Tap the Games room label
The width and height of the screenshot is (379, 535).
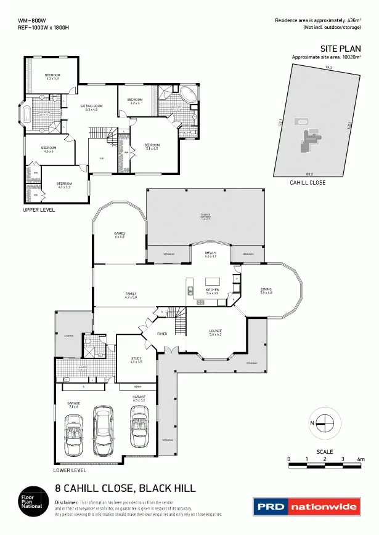pyautogui.click(x=120, y=234)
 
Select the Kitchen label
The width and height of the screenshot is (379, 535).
pyautogui.click(x=212, y=290)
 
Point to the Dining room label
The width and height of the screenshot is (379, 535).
pyautogui.click(x=266, y=290)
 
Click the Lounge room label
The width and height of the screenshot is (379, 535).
pyautogui.click(x=215, y=331)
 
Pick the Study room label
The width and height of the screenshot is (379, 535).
pyautogui.click(x=136, y=360)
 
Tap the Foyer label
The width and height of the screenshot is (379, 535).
pyautogui.click(x=162, y=334)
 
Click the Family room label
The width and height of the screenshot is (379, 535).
pyautogui.click(x=131, y=295)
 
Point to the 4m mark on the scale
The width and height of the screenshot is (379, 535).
pyautogui.click(x=361, y=459)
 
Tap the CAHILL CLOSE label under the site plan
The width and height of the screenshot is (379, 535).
pyautogui.click(x=308, y=183)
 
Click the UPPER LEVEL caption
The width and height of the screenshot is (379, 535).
pyautogui.click(x=39, y=210)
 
